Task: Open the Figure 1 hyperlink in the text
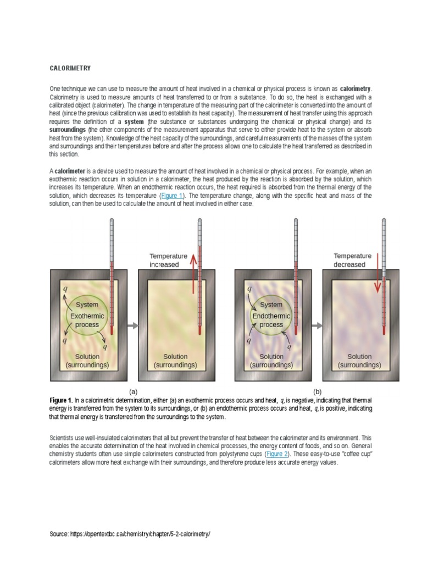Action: click(173, 195)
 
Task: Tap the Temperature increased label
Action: click(168, 260)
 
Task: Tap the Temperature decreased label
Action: click(353, 260)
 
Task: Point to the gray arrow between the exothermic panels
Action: click(132, 325)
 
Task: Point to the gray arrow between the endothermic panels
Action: click(316, 325)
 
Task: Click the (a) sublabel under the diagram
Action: click(132, 391)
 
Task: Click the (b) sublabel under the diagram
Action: click(317, 391)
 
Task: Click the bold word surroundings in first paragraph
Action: click(68, 128)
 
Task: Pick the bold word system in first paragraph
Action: click(134, 121)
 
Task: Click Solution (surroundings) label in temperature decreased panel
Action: click(359, 360)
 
